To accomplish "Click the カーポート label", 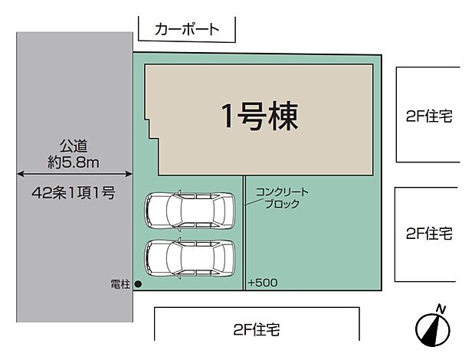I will coord(186,30).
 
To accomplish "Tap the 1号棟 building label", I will coord(259,116).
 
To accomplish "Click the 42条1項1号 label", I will coord(74,193).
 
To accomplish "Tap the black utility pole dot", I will coord(138,284).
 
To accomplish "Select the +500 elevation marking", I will coord(263,283).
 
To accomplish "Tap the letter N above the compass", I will coord(441,308).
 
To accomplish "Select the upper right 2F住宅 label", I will coord(428,116).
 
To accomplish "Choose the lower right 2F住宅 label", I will coord(428,232).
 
